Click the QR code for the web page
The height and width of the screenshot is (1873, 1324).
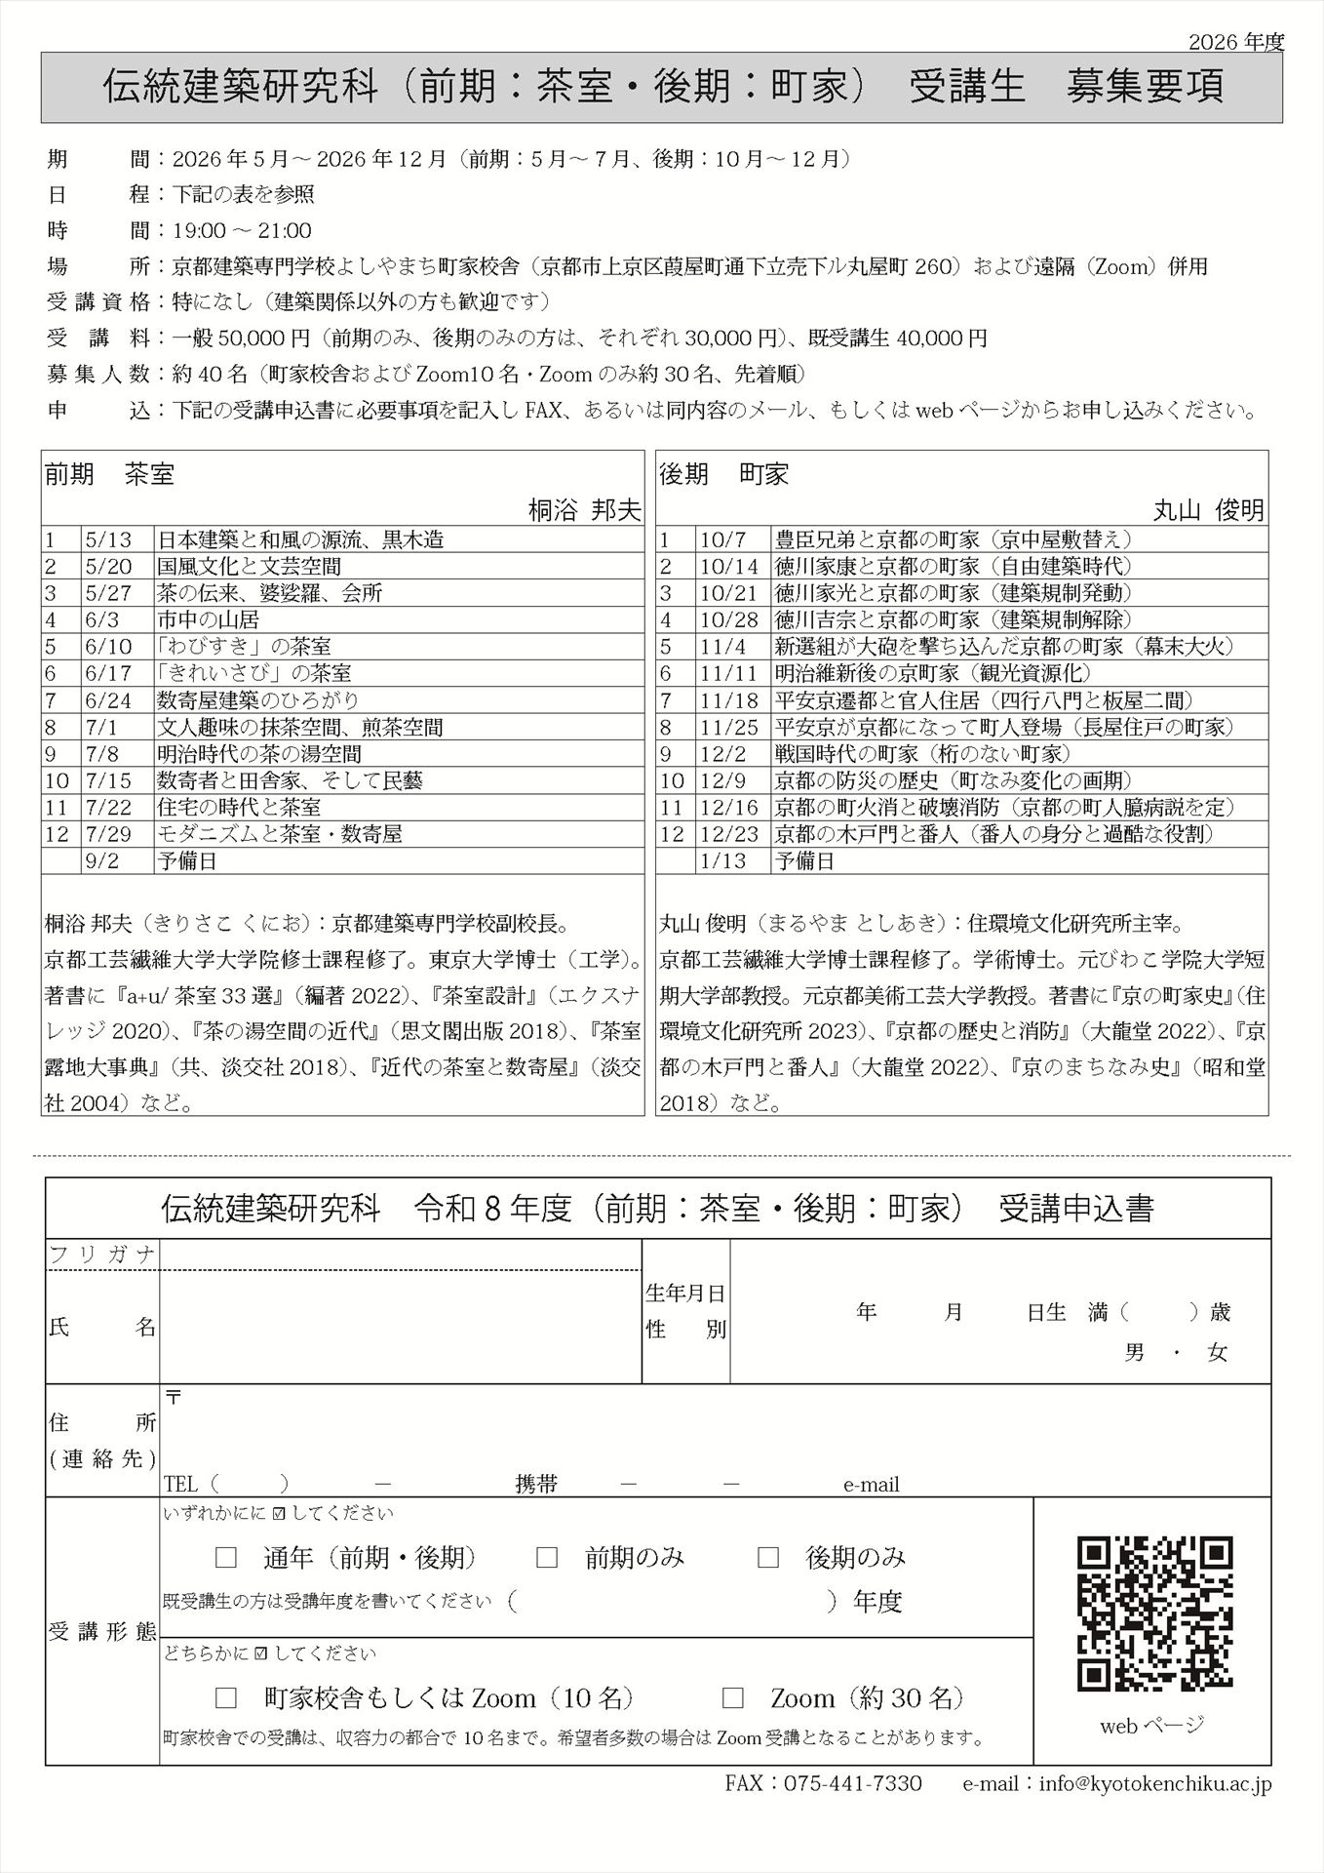pos(1154,1614)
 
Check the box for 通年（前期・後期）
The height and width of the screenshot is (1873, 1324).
pos(226,1558)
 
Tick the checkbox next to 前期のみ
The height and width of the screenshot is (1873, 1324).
pos(547,1558)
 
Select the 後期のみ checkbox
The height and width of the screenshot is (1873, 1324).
pos(768,1558)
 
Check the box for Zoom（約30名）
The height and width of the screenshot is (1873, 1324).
pos(733,1698)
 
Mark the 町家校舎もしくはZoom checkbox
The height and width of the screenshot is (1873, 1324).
pos(226,1698)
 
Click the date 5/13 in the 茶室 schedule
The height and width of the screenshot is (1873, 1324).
pos(101,539)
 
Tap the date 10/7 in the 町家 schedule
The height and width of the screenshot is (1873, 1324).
pos(721,539)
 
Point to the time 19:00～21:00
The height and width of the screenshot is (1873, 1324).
pos(242,231)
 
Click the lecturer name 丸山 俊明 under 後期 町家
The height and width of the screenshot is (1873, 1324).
pos(1209,509)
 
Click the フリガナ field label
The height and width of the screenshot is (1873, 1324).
pos(102,1255)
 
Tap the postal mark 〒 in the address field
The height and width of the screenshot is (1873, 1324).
pos(174,1397)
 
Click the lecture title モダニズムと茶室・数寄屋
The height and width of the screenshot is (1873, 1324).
pos(280,834)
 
